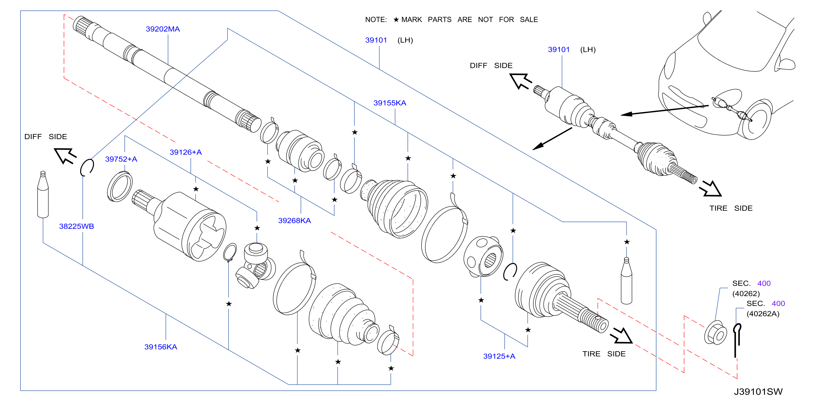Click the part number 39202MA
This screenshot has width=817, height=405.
click(x=163, y=29)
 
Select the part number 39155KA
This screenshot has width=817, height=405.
click(x=390, y=103)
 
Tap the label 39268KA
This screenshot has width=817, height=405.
click(x=294, y=221)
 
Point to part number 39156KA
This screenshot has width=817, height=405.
click(x=161, y=347)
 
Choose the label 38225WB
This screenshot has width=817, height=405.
click(x=76, y=226)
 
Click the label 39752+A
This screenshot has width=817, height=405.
click(x=121, y=159)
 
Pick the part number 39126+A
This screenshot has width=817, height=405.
click(x=186, y=152)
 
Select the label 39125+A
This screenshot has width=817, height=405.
click(x=499, y=356)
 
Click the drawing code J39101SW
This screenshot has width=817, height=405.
click(x=758, y=392)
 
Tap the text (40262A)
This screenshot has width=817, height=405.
click(x=763, y=314)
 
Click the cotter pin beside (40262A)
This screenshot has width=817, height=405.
click(x=737, y=340)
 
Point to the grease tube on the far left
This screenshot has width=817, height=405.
click(x=43, y=194)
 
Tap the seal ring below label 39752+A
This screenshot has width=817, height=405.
click(x=120, y=186)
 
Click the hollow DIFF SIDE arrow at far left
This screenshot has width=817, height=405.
click(x=65, y=155)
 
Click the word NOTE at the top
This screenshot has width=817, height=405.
click(x=376, y=20)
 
